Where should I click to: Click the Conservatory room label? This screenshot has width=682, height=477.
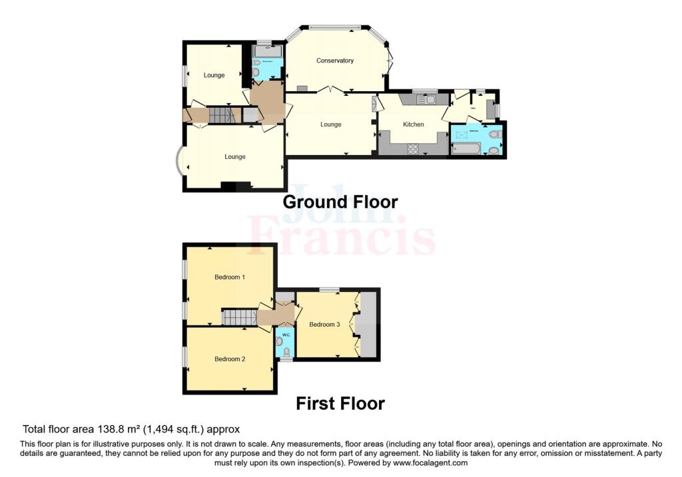coord(334,61)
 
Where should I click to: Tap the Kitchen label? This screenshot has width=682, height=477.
coord(413,124)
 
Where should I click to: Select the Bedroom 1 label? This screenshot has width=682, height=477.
coord(230,277)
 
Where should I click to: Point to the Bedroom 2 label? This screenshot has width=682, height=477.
coord(230,359)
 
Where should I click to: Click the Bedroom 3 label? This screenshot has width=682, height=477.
coord(324,325)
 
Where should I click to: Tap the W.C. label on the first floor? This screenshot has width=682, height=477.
coord(284,335)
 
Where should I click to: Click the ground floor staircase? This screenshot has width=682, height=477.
coord(222,115)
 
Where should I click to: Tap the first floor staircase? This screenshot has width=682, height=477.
coord(238,317)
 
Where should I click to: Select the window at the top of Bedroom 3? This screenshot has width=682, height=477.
coord(328,289)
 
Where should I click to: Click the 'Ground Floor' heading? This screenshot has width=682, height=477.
coord(340,202)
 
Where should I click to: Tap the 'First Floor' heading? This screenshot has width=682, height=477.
coord(340,403)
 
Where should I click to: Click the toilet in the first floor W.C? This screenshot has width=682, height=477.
coord(280,341)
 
